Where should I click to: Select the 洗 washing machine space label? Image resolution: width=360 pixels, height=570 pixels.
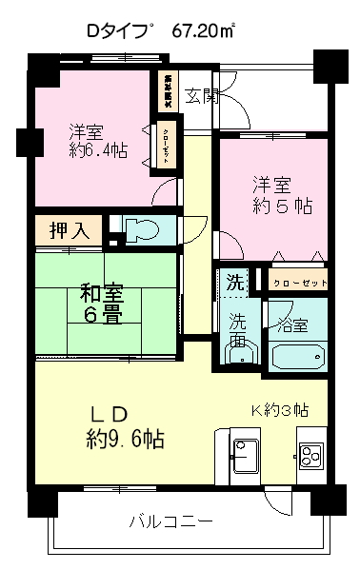234,283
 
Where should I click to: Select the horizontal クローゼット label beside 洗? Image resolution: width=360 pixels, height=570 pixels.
299,283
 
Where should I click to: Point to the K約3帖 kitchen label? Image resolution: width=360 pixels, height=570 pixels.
278,411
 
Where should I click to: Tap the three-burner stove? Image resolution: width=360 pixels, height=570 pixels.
311,456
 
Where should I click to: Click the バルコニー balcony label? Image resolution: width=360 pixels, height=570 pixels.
171,521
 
